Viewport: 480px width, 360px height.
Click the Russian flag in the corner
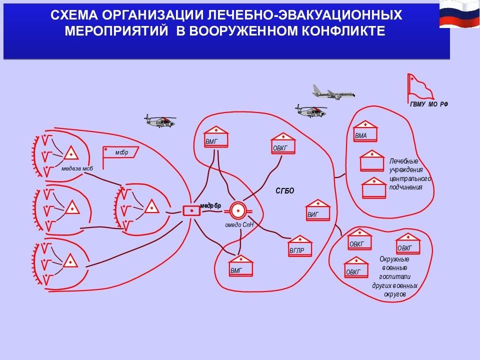tap(459, 14)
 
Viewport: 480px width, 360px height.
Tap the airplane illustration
tap(333, 92)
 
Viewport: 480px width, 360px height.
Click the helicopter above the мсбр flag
tap(160, 121)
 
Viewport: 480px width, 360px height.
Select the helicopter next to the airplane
tap(310, 111)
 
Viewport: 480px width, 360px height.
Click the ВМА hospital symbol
tap(365, 131)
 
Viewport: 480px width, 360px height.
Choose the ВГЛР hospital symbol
tap(299, 246)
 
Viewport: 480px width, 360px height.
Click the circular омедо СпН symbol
tap(237, 210)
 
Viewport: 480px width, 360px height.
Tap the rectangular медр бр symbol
tap(191, 210)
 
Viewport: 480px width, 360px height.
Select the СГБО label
tap(284, 191)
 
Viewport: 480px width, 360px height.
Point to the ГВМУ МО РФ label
tap(429, 104)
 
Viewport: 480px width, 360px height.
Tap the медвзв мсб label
tap(77, 168)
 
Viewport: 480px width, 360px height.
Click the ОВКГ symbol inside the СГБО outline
tap(283, 143)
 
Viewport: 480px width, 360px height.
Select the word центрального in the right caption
tap(410, 178)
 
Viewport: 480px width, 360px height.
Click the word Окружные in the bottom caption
tap(394, 259)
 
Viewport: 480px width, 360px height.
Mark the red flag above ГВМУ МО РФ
tap(420, 88)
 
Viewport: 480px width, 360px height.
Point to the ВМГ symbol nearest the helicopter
tap(216, 136)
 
